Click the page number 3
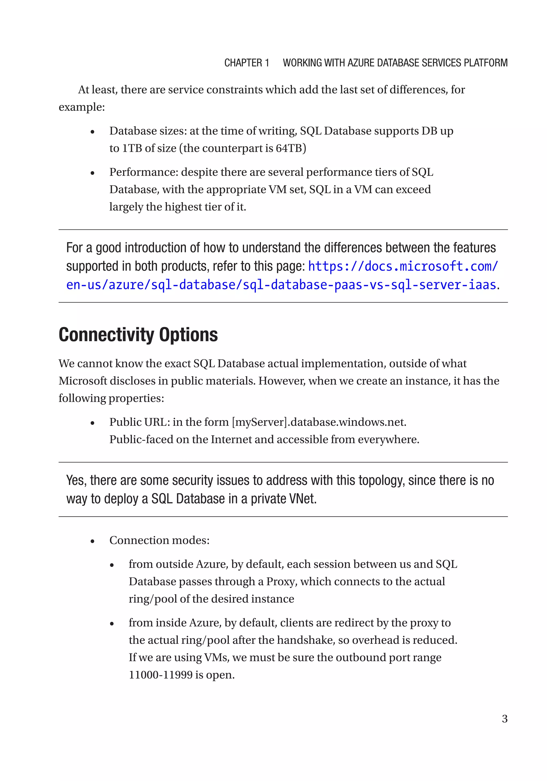click(x=505, y=719)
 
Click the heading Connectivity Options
click(x=138, y=335)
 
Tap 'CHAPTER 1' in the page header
click(x=247, y=63)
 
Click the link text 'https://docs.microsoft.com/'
click(x=403, y=266)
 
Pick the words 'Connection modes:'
click(x=159, y=540)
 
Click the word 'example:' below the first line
click(x=82, y=107)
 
